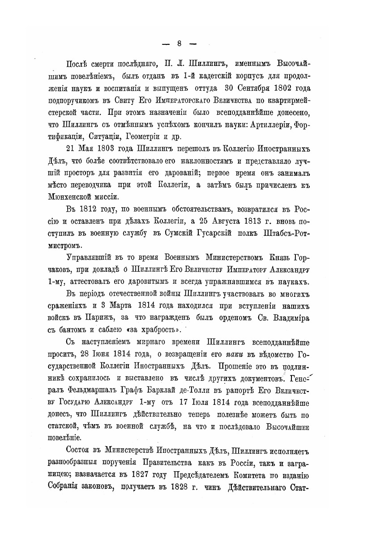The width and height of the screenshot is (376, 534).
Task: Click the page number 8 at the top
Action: coord(179,43)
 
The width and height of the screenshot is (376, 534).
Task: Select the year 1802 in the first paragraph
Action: coord(281,87)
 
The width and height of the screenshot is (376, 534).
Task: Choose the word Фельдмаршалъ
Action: coord(102,394)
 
